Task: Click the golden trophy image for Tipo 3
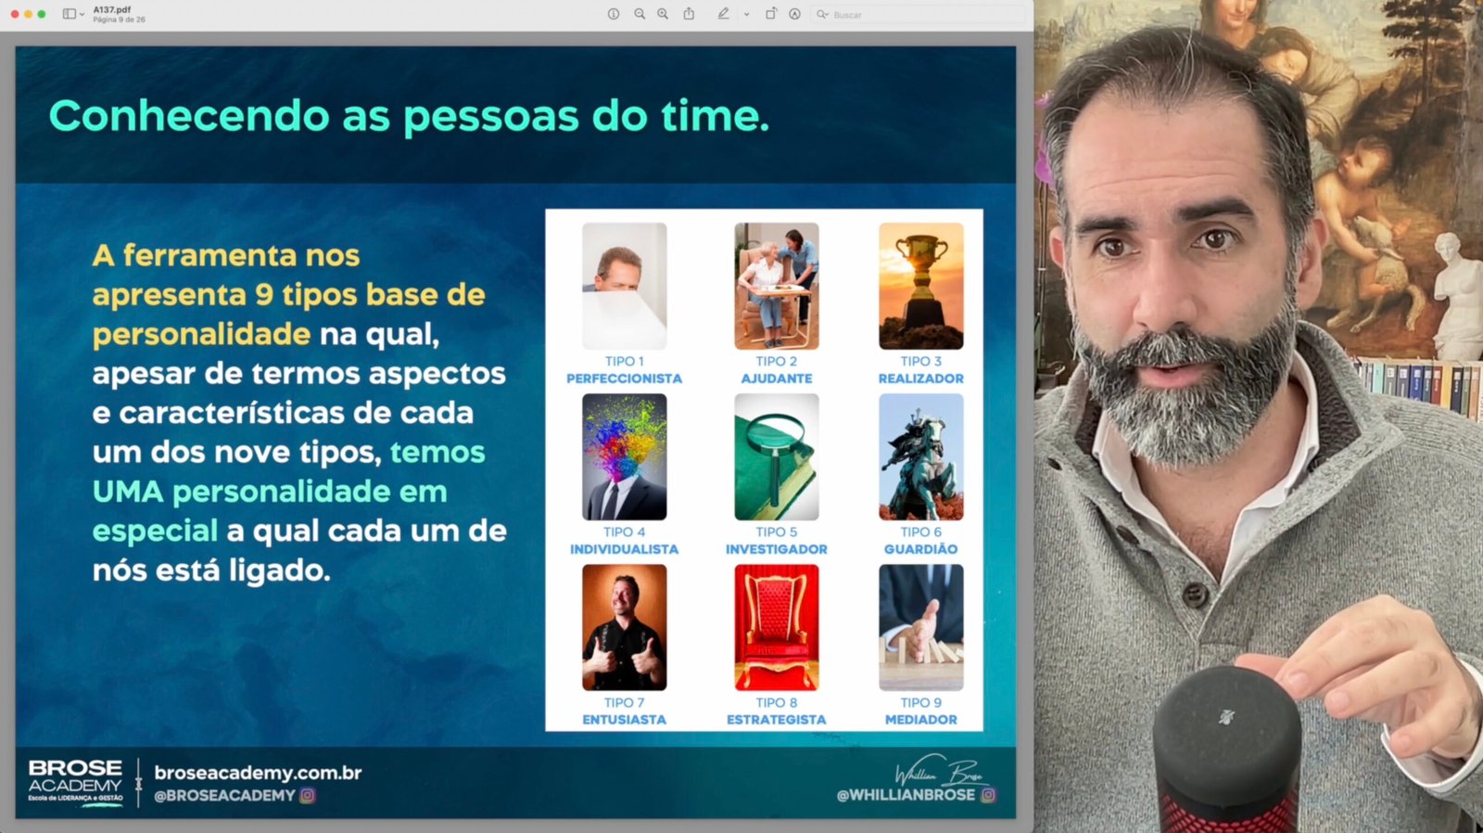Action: [921, 286]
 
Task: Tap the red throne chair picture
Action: [777, 627]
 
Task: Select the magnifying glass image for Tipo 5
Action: [777, 456]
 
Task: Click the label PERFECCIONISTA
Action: [624, 378]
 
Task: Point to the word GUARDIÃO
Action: [921, 549]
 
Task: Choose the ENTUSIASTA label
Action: [625, 720]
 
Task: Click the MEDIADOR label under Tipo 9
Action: [921, 720]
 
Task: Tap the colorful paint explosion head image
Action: [625, 456]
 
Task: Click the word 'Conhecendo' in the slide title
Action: [189, 116]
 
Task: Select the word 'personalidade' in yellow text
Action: [201, 334]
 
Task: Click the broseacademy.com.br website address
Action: [258, 773]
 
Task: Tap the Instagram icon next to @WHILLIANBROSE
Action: [988, 795]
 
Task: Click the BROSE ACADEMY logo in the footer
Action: [75, 783]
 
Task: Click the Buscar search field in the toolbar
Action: [917, 15]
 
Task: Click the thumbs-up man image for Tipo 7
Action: [625, 627]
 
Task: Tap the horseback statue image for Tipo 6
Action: [921, 456]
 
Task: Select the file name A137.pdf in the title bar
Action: [112, 10]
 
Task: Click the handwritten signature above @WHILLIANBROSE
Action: [941, 770]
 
